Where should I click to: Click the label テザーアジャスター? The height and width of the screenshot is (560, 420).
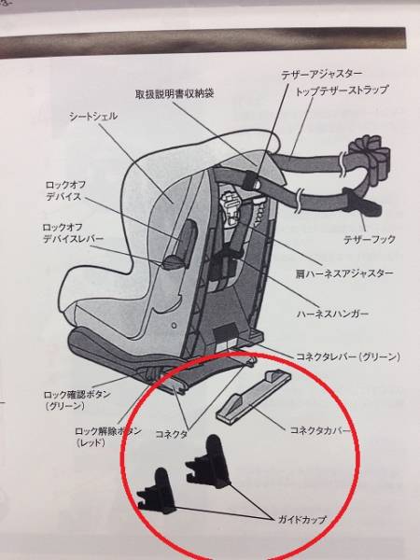coord(322,75)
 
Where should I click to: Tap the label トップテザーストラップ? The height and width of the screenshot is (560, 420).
coord(342,91)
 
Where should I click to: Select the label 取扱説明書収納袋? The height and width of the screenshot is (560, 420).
coord(175,93)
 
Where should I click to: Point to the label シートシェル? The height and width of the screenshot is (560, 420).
coord(93,116)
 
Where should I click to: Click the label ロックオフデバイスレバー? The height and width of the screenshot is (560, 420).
coord(73,233)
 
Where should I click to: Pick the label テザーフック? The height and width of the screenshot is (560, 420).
coord(370,239)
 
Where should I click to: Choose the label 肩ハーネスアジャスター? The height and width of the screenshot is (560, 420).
coord(344,273)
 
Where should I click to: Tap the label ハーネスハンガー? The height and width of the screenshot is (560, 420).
coord(332,314)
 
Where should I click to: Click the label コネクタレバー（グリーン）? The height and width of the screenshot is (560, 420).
coord(348,357)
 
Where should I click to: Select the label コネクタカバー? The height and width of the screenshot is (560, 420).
coord(319,429)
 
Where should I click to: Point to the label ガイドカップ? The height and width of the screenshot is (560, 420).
coord(302,519)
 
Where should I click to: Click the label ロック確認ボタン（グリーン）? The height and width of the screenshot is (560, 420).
coord(77,400)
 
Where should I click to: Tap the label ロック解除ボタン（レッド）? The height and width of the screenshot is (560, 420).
coord(108,437)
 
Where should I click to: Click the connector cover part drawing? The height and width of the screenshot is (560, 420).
coord(254,396)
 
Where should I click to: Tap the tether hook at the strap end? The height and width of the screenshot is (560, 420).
coord(361,203)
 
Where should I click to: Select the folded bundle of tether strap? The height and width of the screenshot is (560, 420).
coord(370,155)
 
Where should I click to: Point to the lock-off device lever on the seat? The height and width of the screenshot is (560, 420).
coord(175,262)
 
